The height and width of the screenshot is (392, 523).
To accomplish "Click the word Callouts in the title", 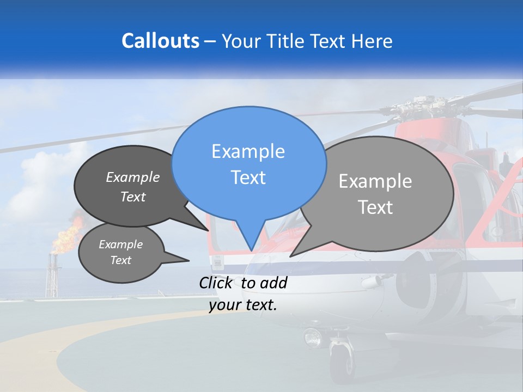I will pyautogui.click(x=160, y=41).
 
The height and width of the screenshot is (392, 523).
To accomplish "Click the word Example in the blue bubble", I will pyautogui.click(x=248, y=151).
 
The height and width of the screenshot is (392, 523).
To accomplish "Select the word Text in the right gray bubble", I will pyautogui.click(x=375, y=207).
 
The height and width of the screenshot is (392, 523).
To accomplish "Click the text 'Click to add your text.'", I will pyautogui.click(x=243, y=293).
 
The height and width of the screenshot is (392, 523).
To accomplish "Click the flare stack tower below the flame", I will pyautogui.click(x=52, y=278).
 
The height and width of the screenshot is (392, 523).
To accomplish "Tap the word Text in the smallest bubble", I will pyautogui.click(x=121, y=260).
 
